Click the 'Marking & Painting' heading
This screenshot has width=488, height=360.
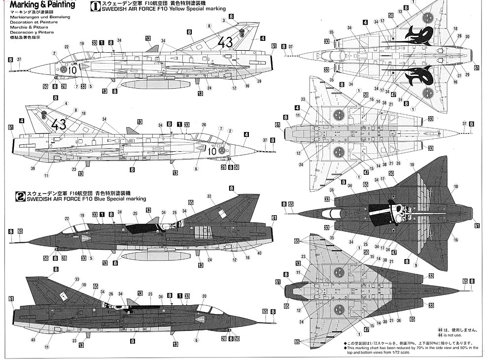(x=42, y=5)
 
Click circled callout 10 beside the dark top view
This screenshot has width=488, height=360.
(x=412, y=164)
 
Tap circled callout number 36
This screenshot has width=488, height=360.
(x=398, y=320)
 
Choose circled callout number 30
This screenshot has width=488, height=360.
(x=467, y=36)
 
